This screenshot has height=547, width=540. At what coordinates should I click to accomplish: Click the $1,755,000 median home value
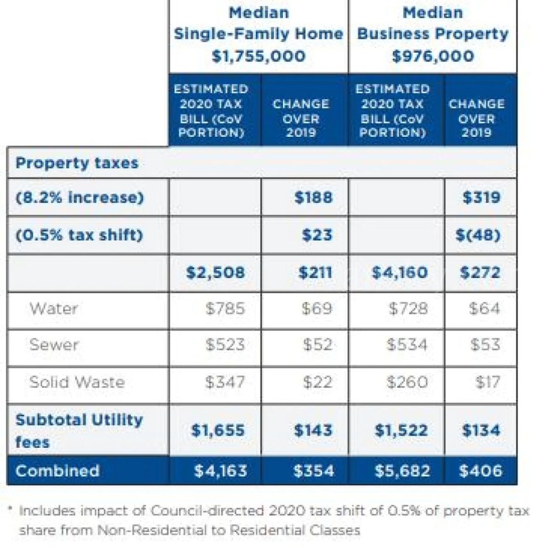tap(259, 56)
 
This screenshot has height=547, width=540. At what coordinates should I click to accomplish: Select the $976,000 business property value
tap(433, 56)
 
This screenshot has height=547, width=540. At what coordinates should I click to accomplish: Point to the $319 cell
tap(481, 198)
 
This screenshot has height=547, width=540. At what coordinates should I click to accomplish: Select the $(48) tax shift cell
tap(481, 235)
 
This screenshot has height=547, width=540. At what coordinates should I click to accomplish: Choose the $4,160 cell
tap(399, 272)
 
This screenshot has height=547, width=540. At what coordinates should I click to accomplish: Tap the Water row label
tap(53, 309)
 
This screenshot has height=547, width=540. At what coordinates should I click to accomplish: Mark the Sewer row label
tap(54, 345)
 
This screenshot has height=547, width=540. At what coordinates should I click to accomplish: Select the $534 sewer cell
tap(407, 345)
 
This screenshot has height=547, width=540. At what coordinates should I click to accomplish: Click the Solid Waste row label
tap(77, 382)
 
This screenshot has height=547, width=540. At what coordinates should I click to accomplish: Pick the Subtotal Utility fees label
tap(79, 430)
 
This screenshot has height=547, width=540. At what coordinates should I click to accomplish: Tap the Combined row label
tap(57, 470)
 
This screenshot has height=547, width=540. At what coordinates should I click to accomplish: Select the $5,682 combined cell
tap(399, 471)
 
